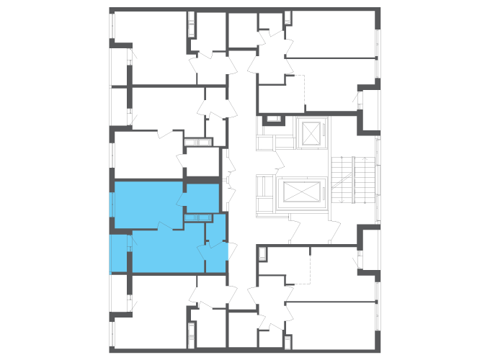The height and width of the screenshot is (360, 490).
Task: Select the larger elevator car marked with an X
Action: click(302, 192)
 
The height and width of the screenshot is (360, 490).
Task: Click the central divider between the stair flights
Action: click(353, 180)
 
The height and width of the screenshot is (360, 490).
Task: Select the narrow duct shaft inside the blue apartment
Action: click(197, 217)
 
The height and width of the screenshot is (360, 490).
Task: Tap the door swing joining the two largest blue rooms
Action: click(165, 226)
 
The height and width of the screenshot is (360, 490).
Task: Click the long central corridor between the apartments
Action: click(242, 180)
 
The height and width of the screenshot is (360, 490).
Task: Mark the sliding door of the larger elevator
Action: click(277, 193)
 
